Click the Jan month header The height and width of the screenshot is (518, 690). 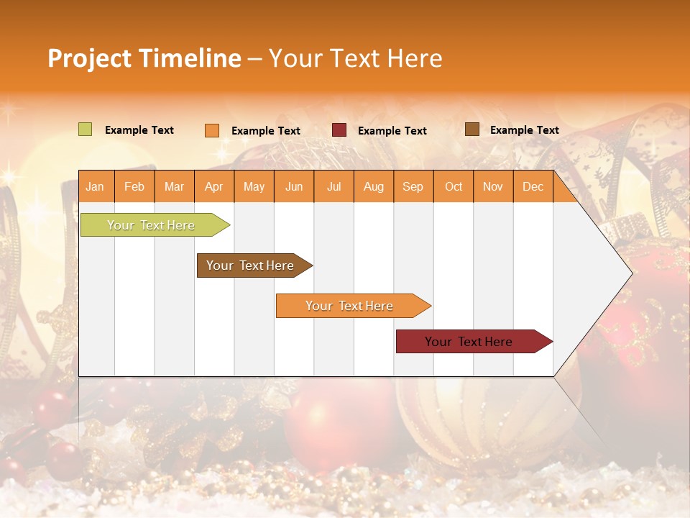click(96, 186)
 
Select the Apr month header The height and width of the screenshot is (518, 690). click(214, 186)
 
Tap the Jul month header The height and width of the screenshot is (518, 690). click(333, 186)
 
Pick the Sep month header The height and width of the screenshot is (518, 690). click(413, 186)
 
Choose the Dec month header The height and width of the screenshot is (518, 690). click(533, 186)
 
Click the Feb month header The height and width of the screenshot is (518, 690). click(134, 186)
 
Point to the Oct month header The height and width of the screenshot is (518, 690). click(454, 186)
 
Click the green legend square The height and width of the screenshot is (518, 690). click(85, 129)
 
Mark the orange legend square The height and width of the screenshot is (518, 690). click(211, 130)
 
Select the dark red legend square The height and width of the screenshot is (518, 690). click(339, 130)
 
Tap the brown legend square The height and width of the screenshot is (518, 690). click(471, 129)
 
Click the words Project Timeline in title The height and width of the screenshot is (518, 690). click(144, 58)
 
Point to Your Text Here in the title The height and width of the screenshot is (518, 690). click(355, 58)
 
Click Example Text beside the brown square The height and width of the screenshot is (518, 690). click(524, 130)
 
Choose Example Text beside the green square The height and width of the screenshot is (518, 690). click(139, 130)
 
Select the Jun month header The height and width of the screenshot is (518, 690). click(294, 186)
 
